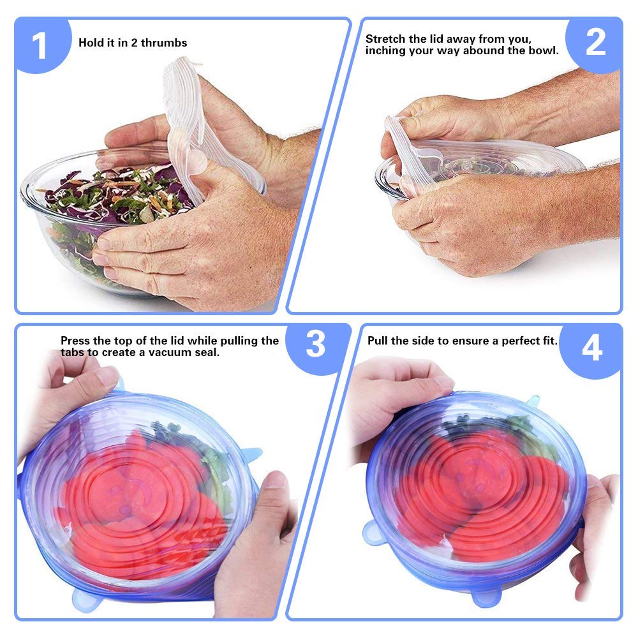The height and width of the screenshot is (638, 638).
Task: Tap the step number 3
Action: (x=315, y=345)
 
